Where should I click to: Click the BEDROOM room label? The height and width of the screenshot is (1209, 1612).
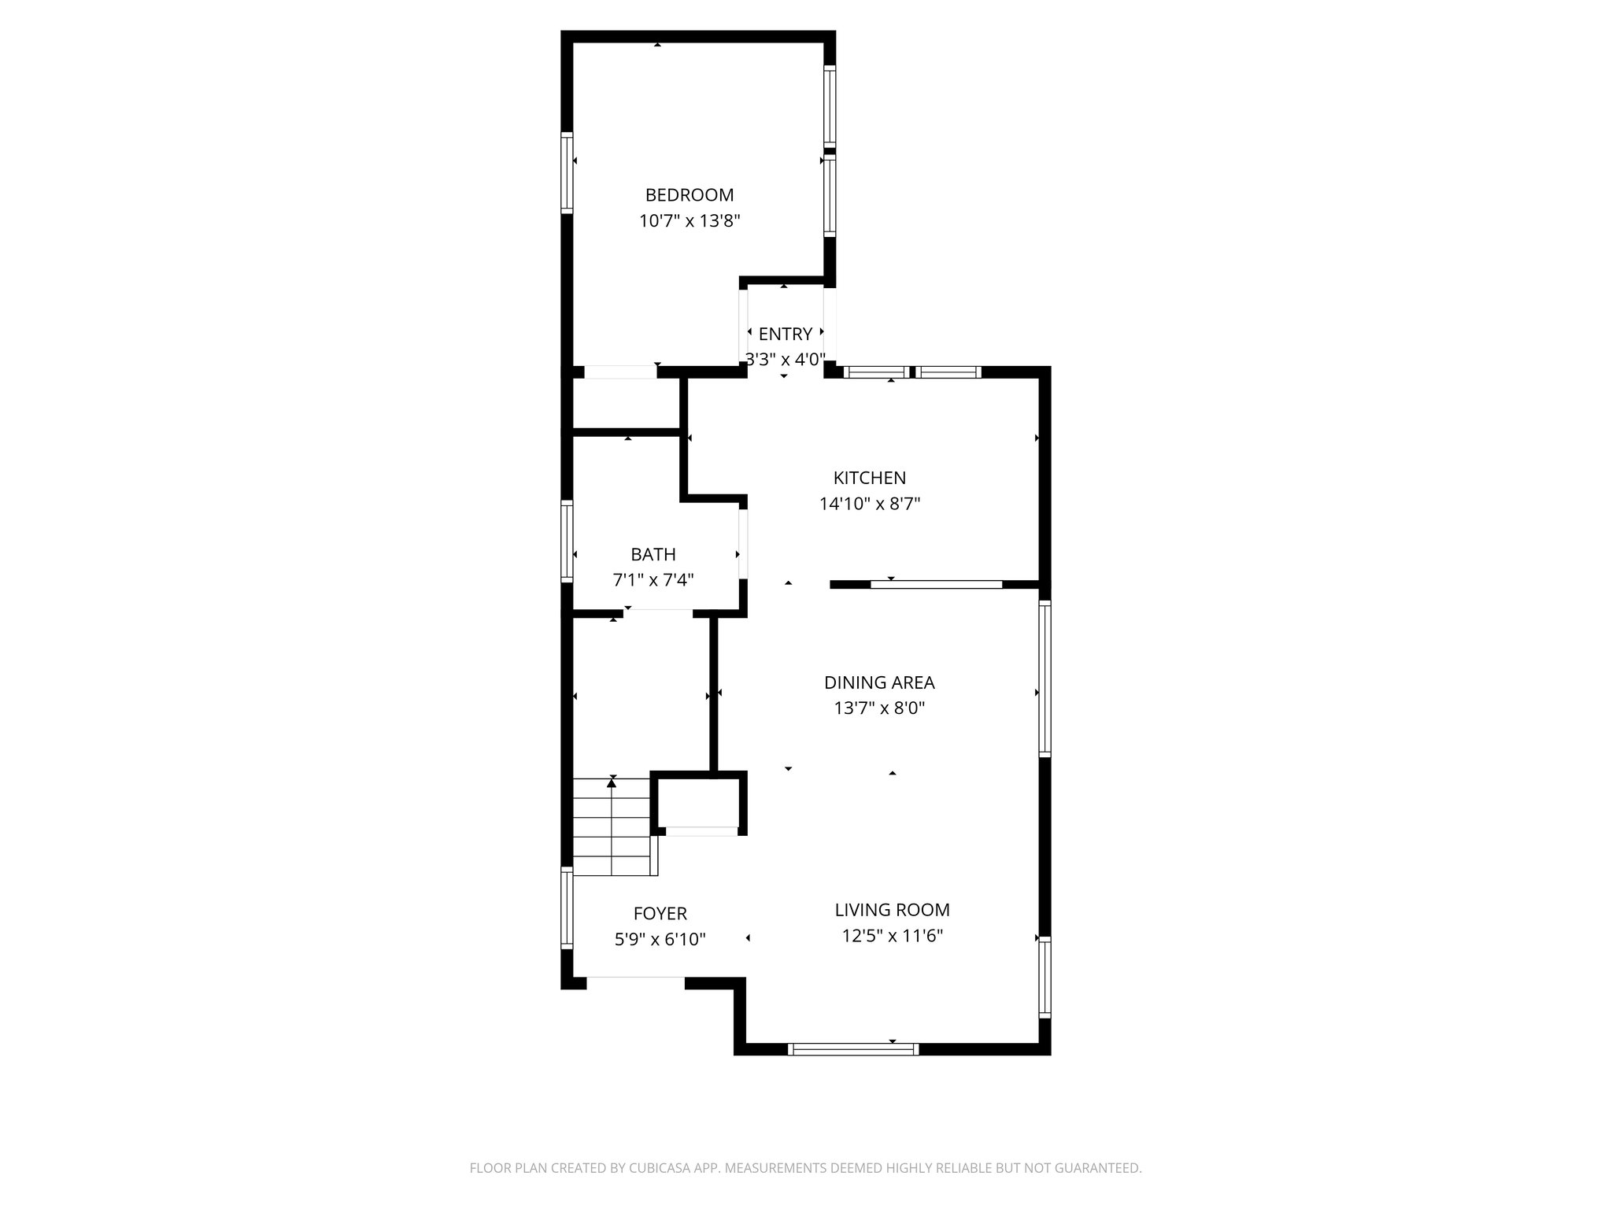(689, 194)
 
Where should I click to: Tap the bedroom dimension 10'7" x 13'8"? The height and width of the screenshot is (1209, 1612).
(690, 220)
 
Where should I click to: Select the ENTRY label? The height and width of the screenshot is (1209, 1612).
(785, 334)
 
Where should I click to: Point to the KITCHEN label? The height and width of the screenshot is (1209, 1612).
(869, 478)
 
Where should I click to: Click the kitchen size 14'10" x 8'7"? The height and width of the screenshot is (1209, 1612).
(869, 504)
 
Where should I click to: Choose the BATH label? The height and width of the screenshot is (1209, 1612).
(653, 554)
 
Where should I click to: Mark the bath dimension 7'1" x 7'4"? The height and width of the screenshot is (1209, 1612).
(653, 580)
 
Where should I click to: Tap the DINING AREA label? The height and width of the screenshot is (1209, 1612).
(878, 682)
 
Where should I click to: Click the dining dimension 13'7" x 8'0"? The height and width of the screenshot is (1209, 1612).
(878, 708)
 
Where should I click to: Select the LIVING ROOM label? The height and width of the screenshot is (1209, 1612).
(892, 910)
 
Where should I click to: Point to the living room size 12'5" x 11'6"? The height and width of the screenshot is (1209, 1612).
(892, 936)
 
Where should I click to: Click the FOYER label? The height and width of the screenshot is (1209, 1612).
(660, 913)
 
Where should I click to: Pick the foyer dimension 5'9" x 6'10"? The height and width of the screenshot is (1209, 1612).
(660, 939)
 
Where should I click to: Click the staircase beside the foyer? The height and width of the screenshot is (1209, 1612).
(612, 826)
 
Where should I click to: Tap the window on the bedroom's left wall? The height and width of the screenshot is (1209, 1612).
(567, 172)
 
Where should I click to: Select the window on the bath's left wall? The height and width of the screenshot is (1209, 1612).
(567, 541)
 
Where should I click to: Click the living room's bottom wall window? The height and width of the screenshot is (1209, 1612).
(853, 1048)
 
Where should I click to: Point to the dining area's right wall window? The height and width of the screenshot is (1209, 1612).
(1044, 678)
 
